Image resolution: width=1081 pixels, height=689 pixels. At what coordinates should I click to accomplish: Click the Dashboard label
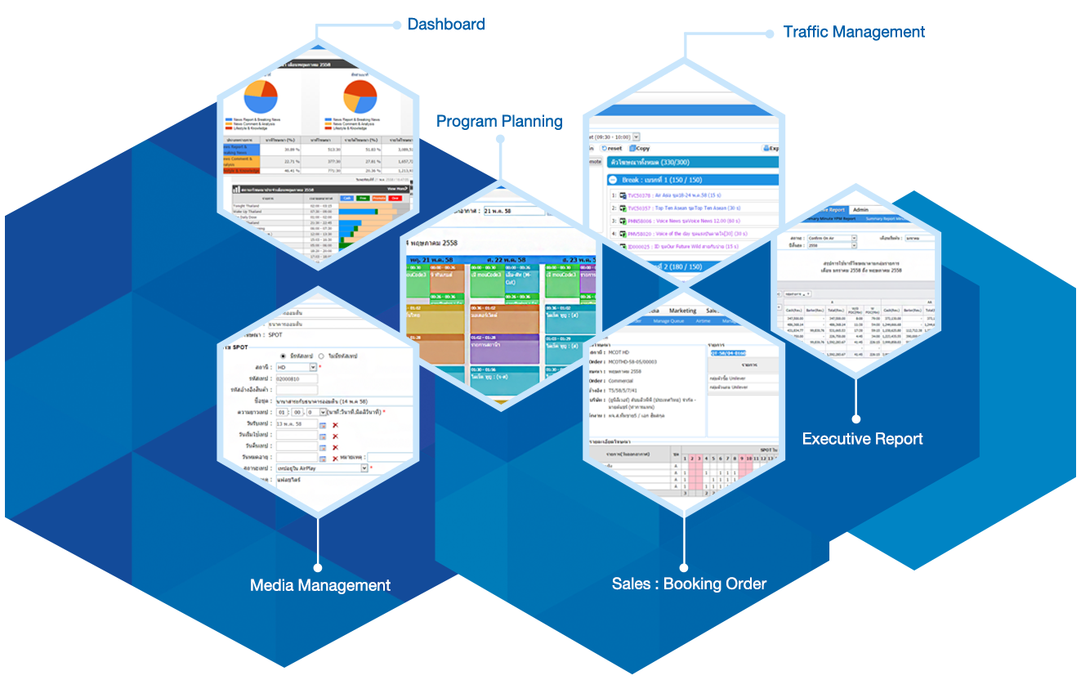[x=446, y=25]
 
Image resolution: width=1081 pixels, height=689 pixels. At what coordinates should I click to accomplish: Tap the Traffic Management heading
[x=854, y=32]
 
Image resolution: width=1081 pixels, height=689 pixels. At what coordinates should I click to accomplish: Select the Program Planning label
[x=498, y=122]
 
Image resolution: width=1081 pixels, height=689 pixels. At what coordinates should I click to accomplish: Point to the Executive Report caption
[x=862, y=439]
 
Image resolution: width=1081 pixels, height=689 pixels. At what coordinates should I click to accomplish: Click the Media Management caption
[x=319, y=585]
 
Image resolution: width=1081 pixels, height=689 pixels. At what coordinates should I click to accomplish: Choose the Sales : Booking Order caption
[x=689, y=584]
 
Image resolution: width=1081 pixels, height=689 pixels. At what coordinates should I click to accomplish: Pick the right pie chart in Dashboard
[x=360, y=96]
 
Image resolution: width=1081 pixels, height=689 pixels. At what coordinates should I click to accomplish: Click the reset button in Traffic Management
[x=612, y=149]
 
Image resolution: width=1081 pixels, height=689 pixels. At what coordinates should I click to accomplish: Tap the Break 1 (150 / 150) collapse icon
[x=613, y=180]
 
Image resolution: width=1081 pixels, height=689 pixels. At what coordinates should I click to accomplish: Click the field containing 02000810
[x=296, y=378]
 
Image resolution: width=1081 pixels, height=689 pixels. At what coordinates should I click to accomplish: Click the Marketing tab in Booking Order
[x=682, y=311]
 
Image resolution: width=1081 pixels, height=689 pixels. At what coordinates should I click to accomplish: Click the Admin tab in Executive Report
[x=860, y=210]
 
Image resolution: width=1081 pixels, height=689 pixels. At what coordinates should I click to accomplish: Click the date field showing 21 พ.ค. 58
[x=514, y=211]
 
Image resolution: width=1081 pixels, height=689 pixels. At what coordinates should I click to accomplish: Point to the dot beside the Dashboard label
[x=396, y=24]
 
